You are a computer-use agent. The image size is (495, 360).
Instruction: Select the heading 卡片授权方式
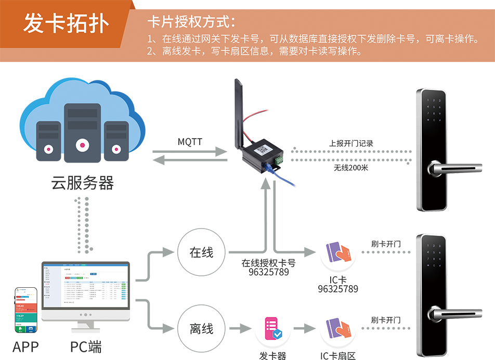click(x=191, y=22)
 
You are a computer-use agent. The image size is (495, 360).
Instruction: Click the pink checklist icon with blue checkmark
click(x=271, y=328)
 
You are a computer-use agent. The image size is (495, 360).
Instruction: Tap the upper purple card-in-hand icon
click(x=338, y=252)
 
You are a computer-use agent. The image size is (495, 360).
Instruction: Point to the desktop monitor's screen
click(x=85, y=286)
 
